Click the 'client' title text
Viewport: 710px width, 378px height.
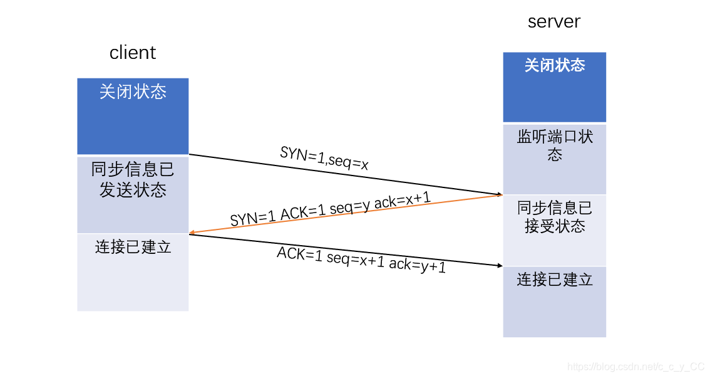tap(132, 53)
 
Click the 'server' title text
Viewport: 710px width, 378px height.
tap(554, 22)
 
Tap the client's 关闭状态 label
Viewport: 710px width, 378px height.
tap(133, 92)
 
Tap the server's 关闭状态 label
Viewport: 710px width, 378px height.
tap(554, 65)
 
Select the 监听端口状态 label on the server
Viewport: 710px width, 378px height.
tap(555, 145)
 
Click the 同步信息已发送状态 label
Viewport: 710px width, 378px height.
tap(133, 180)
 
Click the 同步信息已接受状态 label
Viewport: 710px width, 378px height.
tap(555, 217)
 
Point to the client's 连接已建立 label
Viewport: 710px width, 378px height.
tap(133, 247)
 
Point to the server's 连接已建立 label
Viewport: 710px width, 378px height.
tap(555, 280)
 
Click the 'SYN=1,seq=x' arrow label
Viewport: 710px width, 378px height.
tap(324, 159)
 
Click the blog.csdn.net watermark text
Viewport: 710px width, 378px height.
tap(635, 367)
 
